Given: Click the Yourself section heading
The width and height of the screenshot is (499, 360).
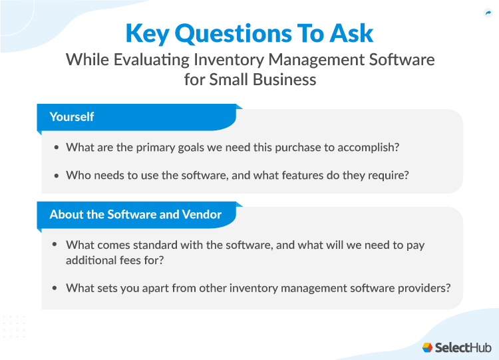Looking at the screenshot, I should point(72,116).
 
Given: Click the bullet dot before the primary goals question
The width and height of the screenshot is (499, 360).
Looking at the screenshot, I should point(57,148).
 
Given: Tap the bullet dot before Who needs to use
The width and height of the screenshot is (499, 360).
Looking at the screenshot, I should point(57,176).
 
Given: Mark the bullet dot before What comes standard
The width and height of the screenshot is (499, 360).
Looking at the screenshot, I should point(57,245).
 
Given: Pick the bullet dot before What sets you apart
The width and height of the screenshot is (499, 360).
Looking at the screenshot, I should point(57,287).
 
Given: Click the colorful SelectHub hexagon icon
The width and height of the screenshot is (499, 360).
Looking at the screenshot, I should point(427,347).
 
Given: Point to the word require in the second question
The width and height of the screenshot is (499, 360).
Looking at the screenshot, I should point(389,176).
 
